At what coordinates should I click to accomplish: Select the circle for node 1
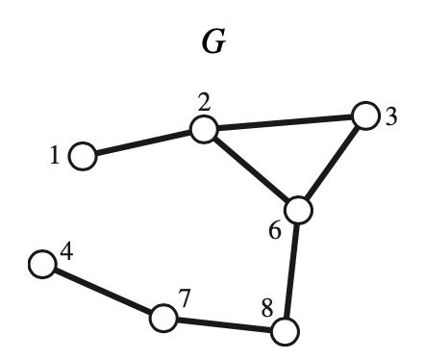pyautogui.click(x=83, y=155)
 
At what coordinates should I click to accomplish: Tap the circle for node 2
pyautogui.click(x=202, y=130)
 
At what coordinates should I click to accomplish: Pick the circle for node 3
pyautogui.click(x=364, y=116)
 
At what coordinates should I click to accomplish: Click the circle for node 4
pyautogui.click(x=41, y=264)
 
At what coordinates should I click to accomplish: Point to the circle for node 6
pyautogui.click(x=299, y=211)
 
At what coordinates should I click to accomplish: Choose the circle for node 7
pyautogui.click(x=164, y=317)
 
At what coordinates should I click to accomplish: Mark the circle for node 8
pyautogui.click(x=284, y=332)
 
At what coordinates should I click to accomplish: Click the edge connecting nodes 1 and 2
pyautogui.click(x=142, y=142)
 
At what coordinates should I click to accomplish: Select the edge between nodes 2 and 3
pyautogui.click(x=284, y=123)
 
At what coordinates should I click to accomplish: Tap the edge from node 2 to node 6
pyautogui.click(x=250, y=170)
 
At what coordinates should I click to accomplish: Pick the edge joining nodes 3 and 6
pyautogui.click(x=332, y=164)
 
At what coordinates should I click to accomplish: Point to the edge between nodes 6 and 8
pyautogui.click(x=291, y=271)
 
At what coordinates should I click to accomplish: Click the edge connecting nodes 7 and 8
pyautogui.click(x=224, y=324)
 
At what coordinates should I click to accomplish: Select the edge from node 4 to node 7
pyautogui.click(x=103, y=290)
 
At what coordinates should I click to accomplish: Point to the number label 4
pyautogui.click(x=65, y=253)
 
